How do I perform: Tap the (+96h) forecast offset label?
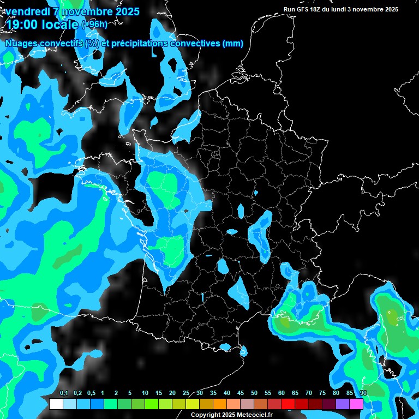point(94,24)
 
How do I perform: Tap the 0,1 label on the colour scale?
point(64,393)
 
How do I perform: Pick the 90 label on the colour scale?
point(363,393)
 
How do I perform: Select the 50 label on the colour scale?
point(254,393)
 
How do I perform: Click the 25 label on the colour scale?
point(186,393)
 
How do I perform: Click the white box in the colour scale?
point(56,404)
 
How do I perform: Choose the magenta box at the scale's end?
point(356,404)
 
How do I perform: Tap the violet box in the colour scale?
point(343,404)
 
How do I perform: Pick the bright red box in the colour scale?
point(288,404)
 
